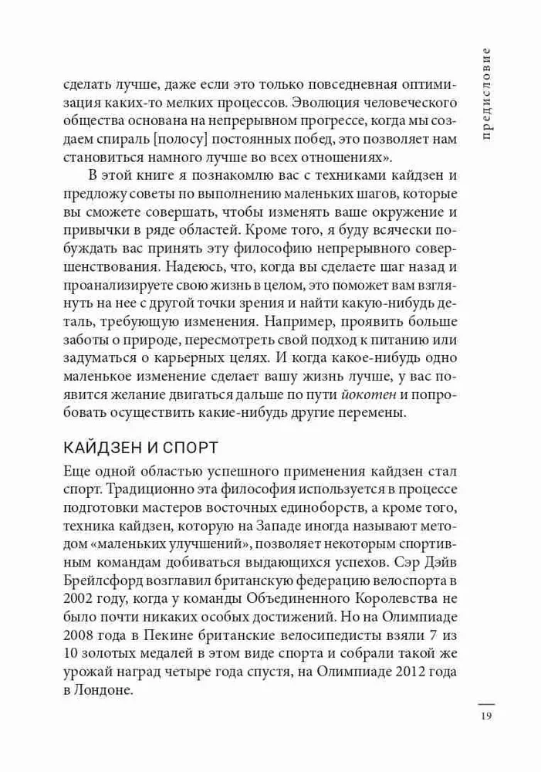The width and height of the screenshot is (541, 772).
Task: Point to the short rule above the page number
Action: [x=485, y=703]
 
